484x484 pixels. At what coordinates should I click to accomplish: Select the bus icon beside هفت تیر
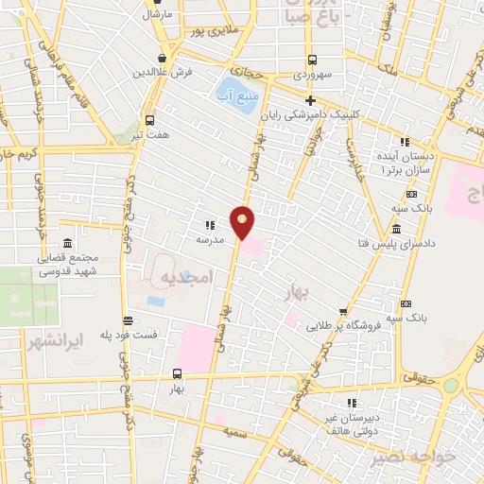pyautogui.click(x=149, y=120)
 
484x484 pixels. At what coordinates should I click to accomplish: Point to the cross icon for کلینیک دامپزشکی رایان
pyautogui.click(x=310, y=100)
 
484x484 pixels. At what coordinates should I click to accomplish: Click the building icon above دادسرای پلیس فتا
pyautogui.click(x=394, y=231)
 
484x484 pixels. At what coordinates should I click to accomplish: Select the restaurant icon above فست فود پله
pyautogui.click(x=126, y=320)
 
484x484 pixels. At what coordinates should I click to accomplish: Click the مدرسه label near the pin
pyautogui.click(x=209, y=241)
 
